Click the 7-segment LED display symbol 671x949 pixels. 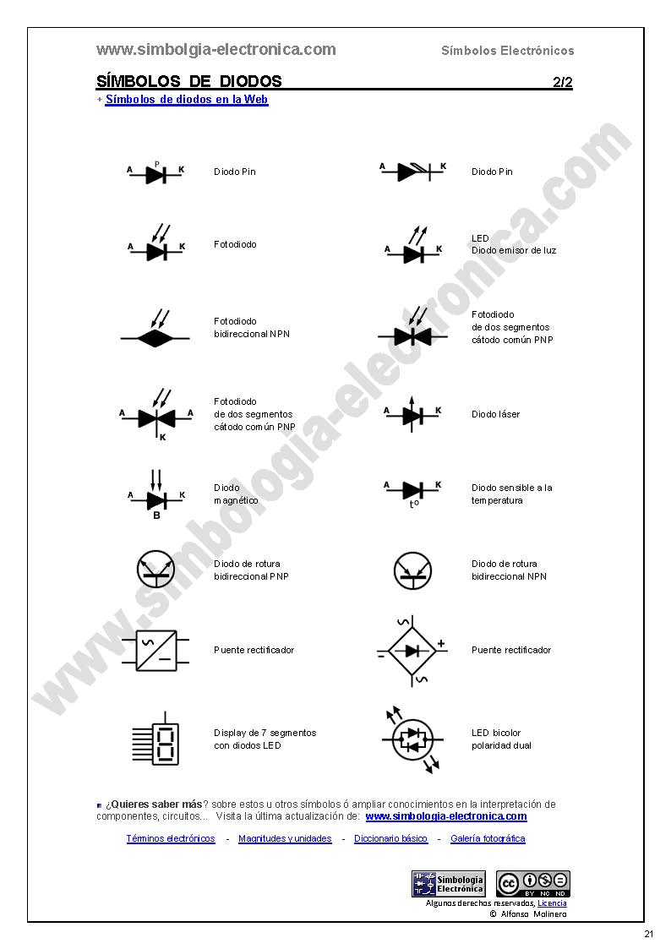click(x=156, y=739)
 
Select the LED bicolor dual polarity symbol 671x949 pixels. click(x=412, y=739)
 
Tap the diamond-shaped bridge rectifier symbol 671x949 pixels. click(x=412, y=652)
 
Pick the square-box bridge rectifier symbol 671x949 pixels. click(x=155, y=651)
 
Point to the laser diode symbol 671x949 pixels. click(x=412, y=415)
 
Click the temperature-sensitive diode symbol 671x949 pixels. click(x=412, y=493)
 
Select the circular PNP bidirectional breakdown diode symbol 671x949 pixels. click(x=155, y=570)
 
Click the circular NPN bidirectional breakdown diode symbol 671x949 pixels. click(x=412, y=570)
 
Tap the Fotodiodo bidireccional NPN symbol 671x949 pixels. click(x=155, y=330)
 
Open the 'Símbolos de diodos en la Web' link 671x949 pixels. click(x=187, y=99)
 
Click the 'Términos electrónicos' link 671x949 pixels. click(x=171, y=838)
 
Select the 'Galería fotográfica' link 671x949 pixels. click(x=488, y=838)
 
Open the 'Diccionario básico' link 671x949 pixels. click(x=391, y=838)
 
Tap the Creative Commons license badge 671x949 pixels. click(x=533, y=884)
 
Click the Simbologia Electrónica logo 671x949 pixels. click(x=448, y=884)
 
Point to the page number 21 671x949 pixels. click(x=649, y=934)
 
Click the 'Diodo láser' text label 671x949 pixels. click(x=495, y=415)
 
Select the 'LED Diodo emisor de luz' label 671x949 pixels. click(x=514, y=244)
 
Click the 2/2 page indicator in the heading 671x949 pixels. click(x=563, y=82)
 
